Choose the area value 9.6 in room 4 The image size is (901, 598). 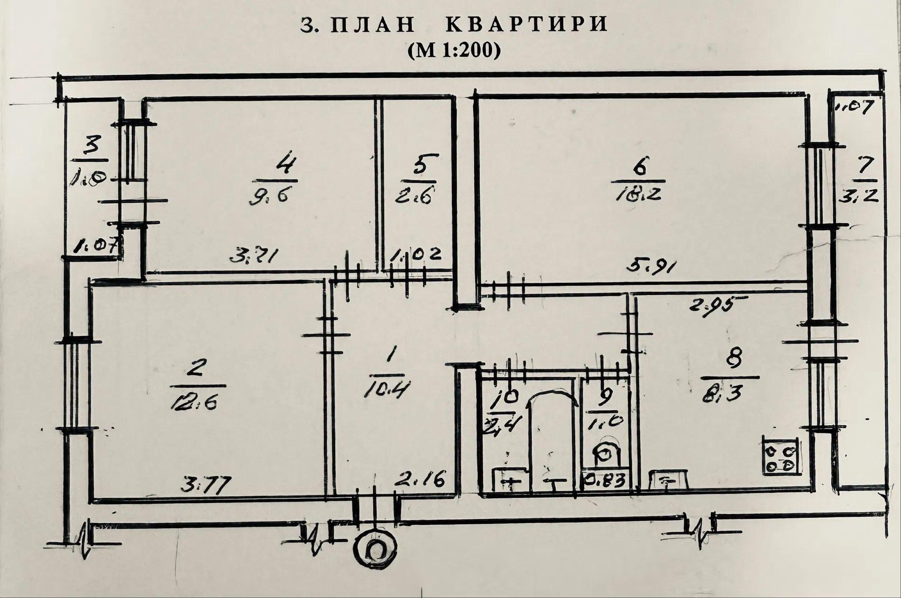269,196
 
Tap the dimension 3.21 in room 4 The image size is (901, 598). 254,257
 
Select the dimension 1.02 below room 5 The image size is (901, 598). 415,255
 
